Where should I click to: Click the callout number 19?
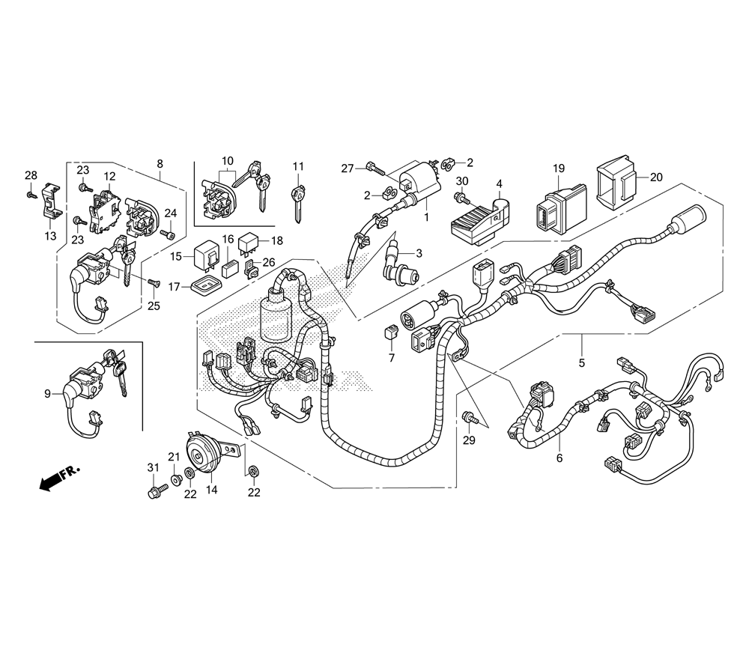pyautogui.click(x=559, y=168)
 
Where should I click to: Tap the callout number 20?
pyautogui.click(x=656, y=177)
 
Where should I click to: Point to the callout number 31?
pyautogui.click(x=154, y=467)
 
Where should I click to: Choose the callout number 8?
pyautogui.click(x=160, y=163)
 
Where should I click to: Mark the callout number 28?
pyautogui.click(x=31, y=175)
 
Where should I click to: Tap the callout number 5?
pyautogui.click(x=582, y=363)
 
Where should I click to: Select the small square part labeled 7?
pyautogui.click(x=389, y=332)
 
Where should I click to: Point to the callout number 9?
pyautogui.click(x=47, y=393)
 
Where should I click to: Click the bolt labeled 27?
pyautogui.click(x=372, y=167)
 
